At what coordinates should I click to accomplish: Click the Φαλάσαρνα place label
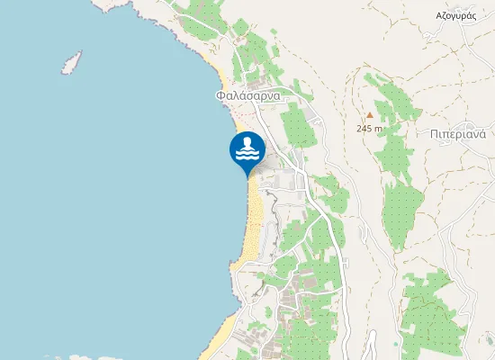pyautogui.click(x=248, y=94)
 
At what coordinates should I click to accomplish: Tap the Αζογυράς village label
pyautogui.click(x=455, y=16)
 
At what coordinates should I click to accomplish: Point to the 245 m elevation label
pyautogui.click(x=369, y=128)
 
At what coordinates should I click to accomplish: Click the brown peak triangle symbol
pyautogui.click(x=368, y=115)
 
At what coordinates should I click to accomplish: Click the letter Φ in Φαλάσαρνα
pyautogui.click(x=220, y=94)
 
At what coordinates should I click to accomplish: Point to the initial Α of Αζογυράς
pyautogui.click(x=439, y=16)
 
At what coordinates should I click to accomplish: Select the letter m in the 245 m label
pyautogui.click(x=378, y=128)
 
